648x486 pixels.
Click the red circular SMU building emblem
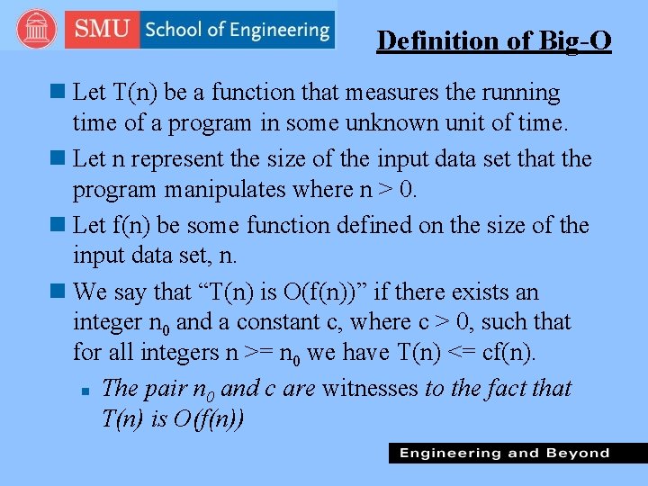click(37, 30)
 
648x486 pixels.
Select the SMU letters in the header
click(103, 30)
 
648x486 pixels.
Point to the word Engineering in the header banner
click(279, 30)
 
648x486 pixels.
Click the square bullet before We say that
click(58, 292)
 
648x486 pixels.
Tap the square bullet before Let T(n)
click(58, 92)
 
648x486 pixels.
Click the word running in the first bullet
click(517, 93)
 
